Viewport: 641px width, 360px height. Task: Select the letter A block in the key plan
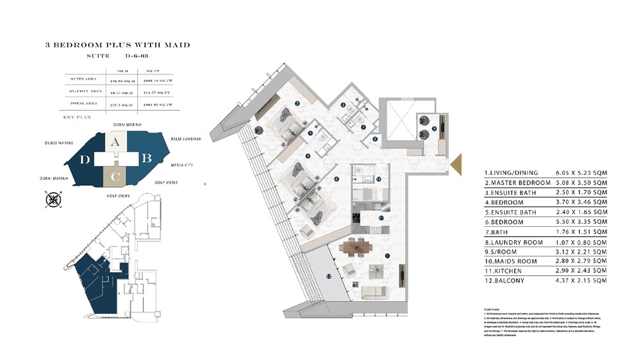coord(114,143)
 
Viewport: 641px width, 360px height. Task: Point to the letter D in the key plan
coord(85,160)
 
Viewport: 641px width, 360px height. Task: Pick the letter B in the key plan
coord(146,157)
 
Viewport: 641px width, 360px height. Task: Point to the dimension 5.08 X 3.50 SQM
coord(582,183)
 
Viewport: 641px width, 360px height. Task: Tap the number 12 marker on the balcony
coord(328,277)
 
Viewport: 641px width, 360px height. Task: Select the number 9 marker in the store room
coord(434,129)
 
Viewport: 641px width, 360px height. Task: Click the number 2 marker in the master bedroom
coord(297,102)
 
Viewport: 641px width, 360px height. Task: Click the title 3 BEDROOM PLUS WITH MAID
coord(117,45)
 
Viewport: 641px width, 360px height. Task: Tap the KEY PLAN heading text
coord(78,118)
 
